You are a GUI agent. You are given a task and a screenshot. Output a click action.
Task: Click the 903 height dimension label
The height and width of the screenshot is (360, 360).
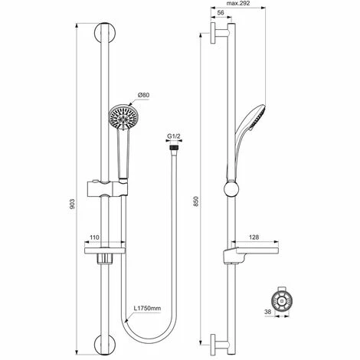[72, 204]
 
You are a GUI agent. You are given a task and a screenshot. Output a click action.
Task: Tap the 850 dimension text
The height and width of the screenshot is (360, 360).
[196, 201]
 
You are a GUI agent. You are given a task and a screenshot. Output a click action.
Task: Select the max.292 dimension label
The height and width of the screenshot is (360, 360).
[238, 3]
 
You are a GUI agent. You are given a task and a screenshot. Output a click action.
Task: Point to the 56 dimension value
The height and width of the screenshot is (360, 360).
[221, 12]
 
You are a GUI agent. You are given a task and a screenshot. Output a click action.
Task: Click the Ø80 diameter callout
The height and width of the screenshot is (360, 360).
[143, 95]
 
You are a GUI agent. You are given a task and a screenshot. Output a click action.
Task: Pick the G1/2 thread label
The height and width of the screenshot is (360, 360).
[174, 136]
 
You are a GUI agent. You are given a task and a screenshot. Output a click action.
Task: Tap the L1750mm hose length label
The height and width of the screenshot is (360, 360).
[148, 308]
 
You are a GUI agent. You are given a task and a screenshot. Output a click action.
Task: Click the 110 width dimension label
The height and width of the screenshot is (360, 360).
[94, 237]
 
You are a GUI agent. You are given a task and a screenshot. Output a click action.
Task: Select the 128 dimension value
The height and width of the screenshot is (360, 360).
[254, 237]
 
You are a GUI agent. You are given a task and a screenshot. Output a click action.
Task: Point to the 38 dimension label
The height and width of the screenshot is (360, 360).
[268, 312]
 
